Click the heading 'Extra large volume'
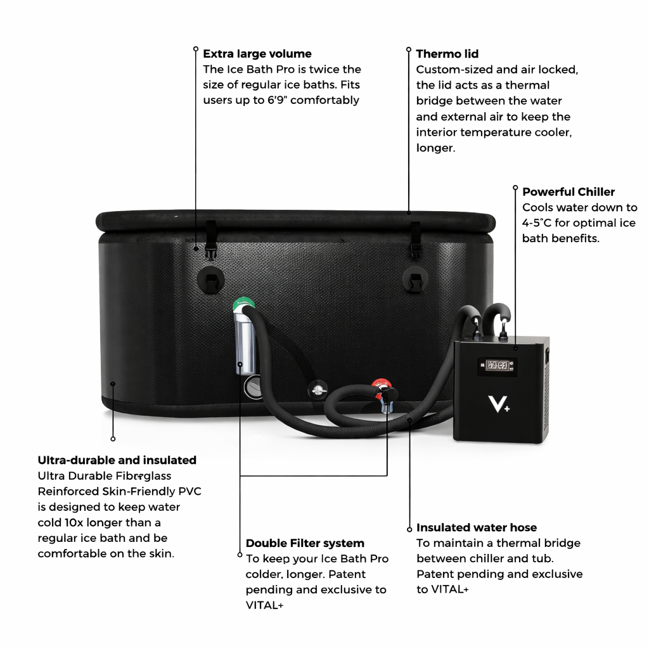click(257, 54)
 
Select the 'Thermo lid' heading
click(447, 54)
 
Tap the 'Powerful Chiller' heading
click(568, 191)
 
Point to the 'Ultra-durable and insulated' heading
click(117, 460)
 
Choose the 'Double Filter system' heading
click(305, 543)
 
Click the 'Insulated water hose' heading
click(476, 527)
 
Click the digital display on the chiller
click(498, 366)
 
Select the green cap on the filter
click(241, 304)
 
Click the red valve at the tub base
click(380, 385)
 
